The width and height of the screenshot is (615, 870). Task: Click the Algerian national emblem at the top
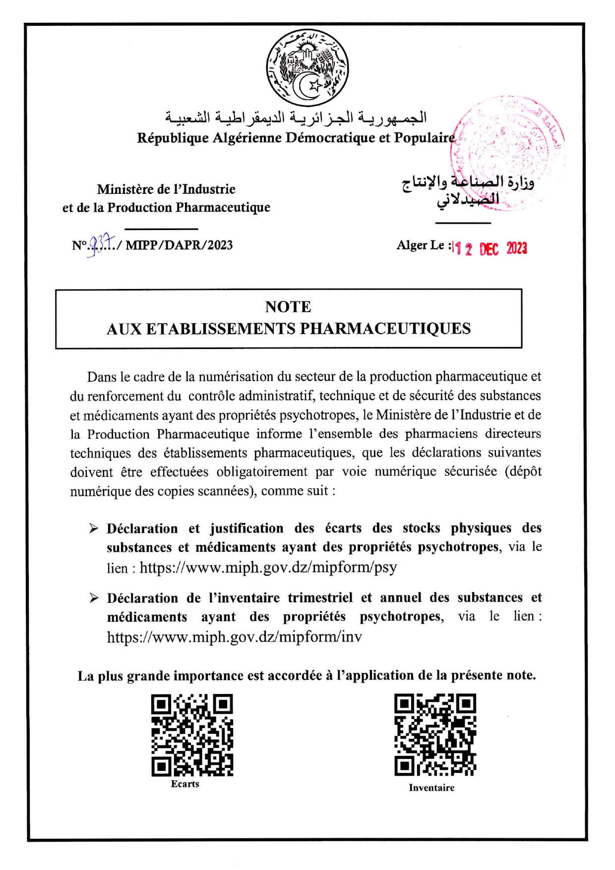pos(307,68)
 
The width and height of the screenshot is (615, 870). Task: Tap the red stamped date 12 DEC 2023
pos(490,248)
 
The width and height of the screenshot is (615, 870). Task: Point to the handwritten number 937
pos(102,244)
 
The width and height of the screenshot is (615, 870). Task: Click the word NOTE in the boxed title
pos(288,307)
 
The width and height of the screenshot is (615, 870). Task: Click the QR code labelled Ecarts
pos(192,735)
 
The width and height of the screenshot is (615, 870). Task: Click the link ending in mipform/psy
pos(268,567)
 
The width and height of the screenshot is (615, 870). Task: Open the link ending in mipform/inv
pos(235,637)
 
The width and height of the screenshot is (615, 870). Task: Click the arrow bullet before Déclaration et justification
pos(94,528)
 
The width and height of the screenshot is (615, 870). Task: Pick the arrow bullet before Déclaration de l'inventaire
pos(94,598)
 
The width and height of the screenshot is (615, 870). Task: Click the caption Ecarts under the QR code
pos(185,784)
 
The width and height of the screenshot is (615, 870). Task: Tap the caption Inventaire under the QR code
pos(431,788)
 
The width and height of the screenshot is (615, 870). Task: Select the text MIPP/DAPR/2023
pos(179,245)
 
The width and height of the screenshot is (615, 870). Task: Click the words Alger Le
pos(420,245)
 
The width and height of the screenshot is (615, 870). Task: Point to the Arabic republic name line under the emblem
pos(296,117)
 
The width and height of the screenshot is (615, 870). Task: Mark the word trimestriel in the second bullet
pos(320,598)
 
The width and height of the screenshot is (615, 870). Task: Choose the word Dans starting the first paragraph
pos(102,377)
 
